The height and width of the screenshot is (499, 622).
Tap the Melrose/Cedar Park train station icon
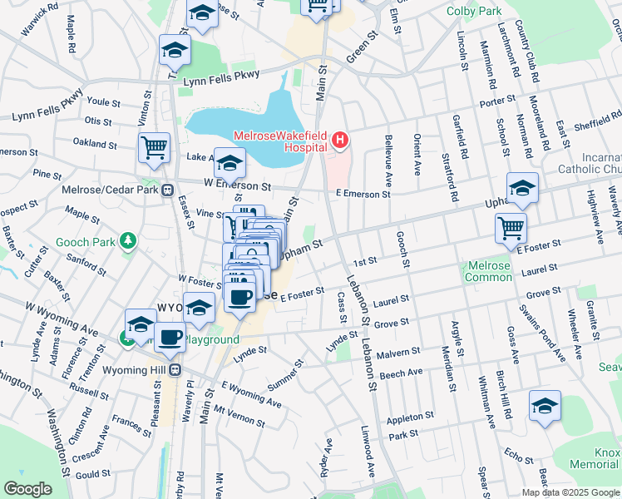(x=168, y=190)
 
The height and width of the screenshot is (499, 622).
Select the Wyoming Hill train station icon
(x=175, y=369)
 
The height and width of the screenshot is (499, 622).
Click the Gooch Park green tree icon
(x=127, y=242)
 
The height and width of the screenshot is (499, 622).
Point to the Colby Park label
(x=474, y=11)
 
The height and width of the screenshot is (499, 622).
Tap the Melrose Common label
(x=488, y=271)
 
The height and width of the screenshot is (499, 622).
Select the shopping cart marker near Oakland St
(x=154, y=148)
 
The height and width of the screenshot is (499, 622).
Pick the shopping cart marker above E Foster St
(x=510, y=227)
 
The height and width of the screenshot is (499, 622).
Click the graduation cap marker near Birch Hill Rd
(x=545, y=405)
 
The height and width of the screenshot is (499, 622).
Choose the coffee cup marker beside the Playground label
(x=170, y=337)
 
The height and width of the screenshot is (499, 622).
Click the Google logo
(x=28, y=489)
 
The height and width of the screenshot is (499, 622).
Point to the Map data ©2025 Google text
(x=570, y=492)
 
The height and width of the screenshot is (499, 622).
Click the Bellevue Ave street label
(x=388, y=161)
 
